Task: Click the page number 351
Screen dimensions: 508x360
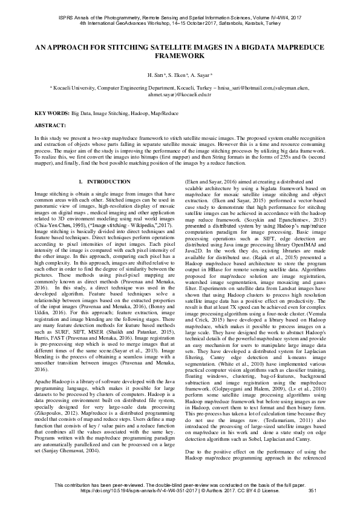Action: click(x=313, y=498)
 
